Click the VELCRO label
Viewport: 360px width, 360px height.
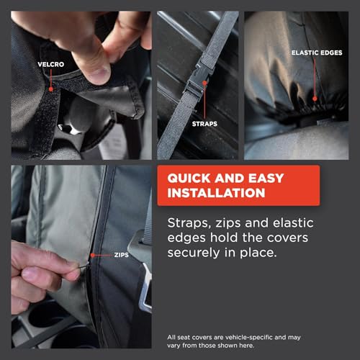50,63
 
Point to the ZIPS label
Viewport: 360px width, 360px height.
122,255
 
